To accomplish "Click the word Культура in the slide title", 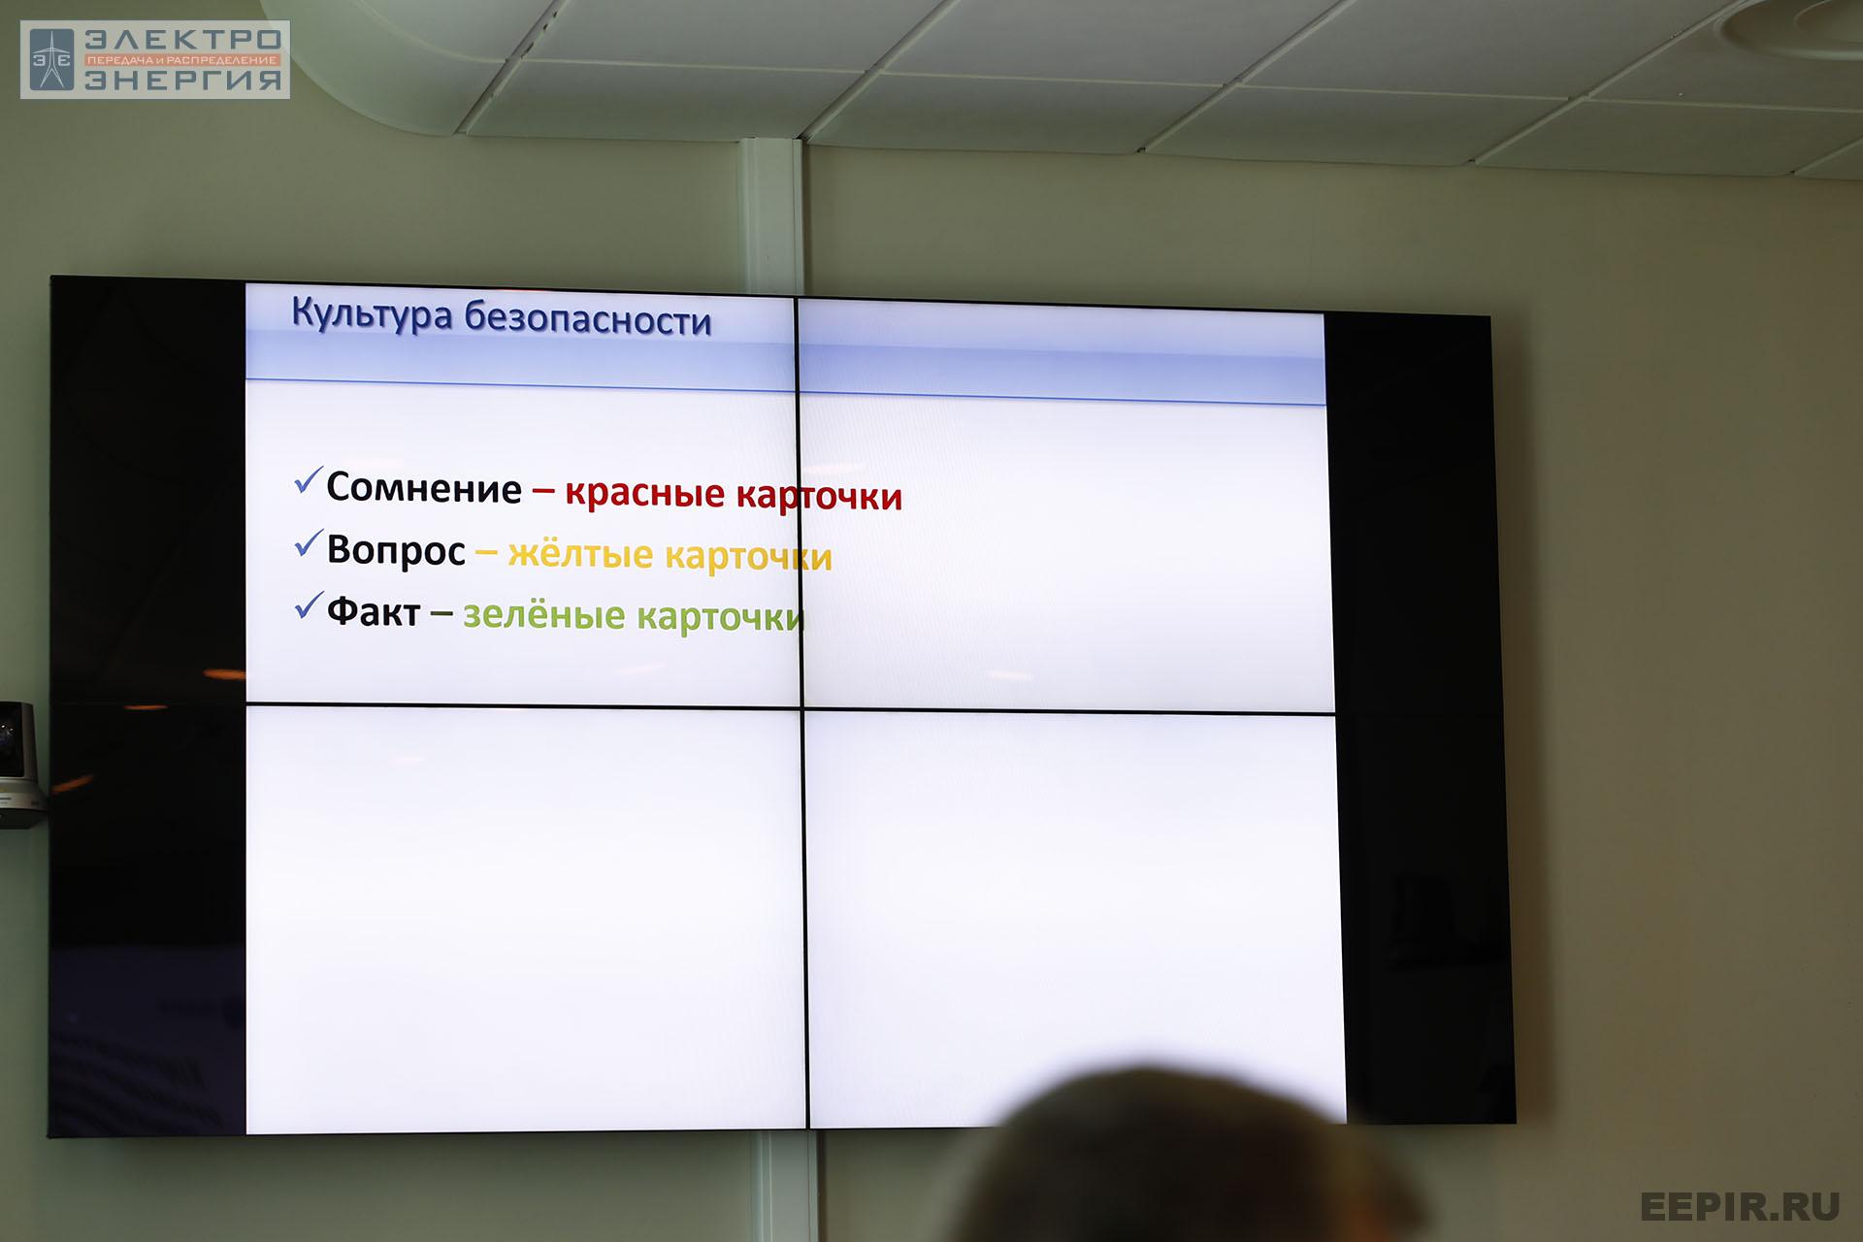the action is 372,315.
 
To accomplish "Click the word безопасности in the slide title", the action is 588,319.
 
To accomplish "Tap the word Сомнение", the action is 424,488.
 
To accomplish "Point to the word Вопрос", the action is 396,550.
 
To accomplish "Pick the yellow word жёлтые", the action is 580,554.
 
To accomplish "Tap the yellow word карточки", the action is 749,557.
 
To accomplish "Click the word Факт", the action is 374,611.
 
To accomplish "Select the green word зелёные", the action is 544,615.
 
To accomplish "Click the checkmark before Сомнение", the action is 309,480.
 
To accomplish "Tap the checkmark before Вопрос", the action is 309,543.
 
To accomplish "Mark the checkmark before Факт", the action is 309,605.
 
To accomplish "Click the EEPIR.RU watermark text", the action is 1740,1206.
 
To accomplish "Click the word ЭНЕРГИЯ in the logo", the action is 183,80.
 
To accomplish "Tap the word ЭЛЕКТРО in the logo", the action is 183,40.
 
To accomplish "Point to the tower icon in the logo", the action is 51,60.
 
